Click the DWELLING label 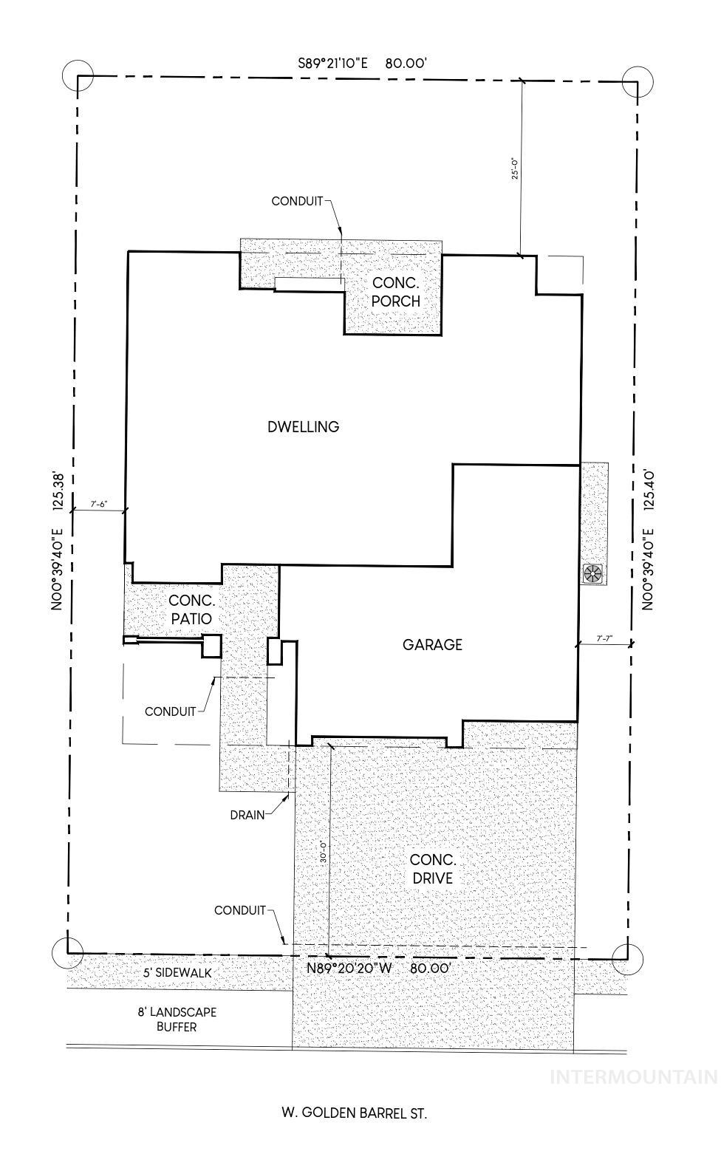pyautogui.click(x=304, y=426)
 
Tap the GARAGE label pyautogui.click(x=432, y=644)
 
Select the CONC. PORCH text pyautogui.click(x=395, y=292)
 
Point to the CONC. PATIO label pyautogui.click(x=191, y=610)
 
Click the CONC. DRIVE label pyautogui.click(x=433, y=869)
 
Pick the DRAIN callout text pyautogui.click(x=247, y=814)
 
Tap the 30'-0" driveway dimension pyautogui.click(x=323, y=852)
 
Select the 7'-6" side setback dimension pyautogui.click(x=98, y=505)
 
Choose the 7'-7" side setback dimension pyautogui.click(x=604, y=638)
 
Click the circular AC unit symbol pyautogui.click(x=593, y=573)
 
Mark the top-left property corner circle pyautogui.click(x=78, y=75)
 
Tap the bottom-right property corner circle pyautogui.click(x=627, y=959)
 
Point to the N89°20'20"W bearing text pyautogui.click(x=349, y=968)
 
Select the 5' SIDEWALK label pyautogui.click(x=177, y=973)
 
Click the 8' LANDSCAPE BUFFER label pyautogui.click(x=177, y=1020)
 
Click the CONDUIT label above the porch pyautogui.click(x=297, y=201)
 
